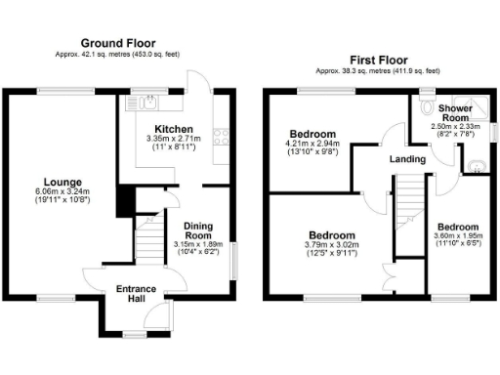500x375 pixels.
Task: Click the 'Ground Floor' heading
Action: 119,43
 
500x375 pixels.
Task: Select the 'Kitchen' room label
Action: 174,129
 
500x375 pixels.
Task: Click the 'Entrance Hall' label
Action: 136,294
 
